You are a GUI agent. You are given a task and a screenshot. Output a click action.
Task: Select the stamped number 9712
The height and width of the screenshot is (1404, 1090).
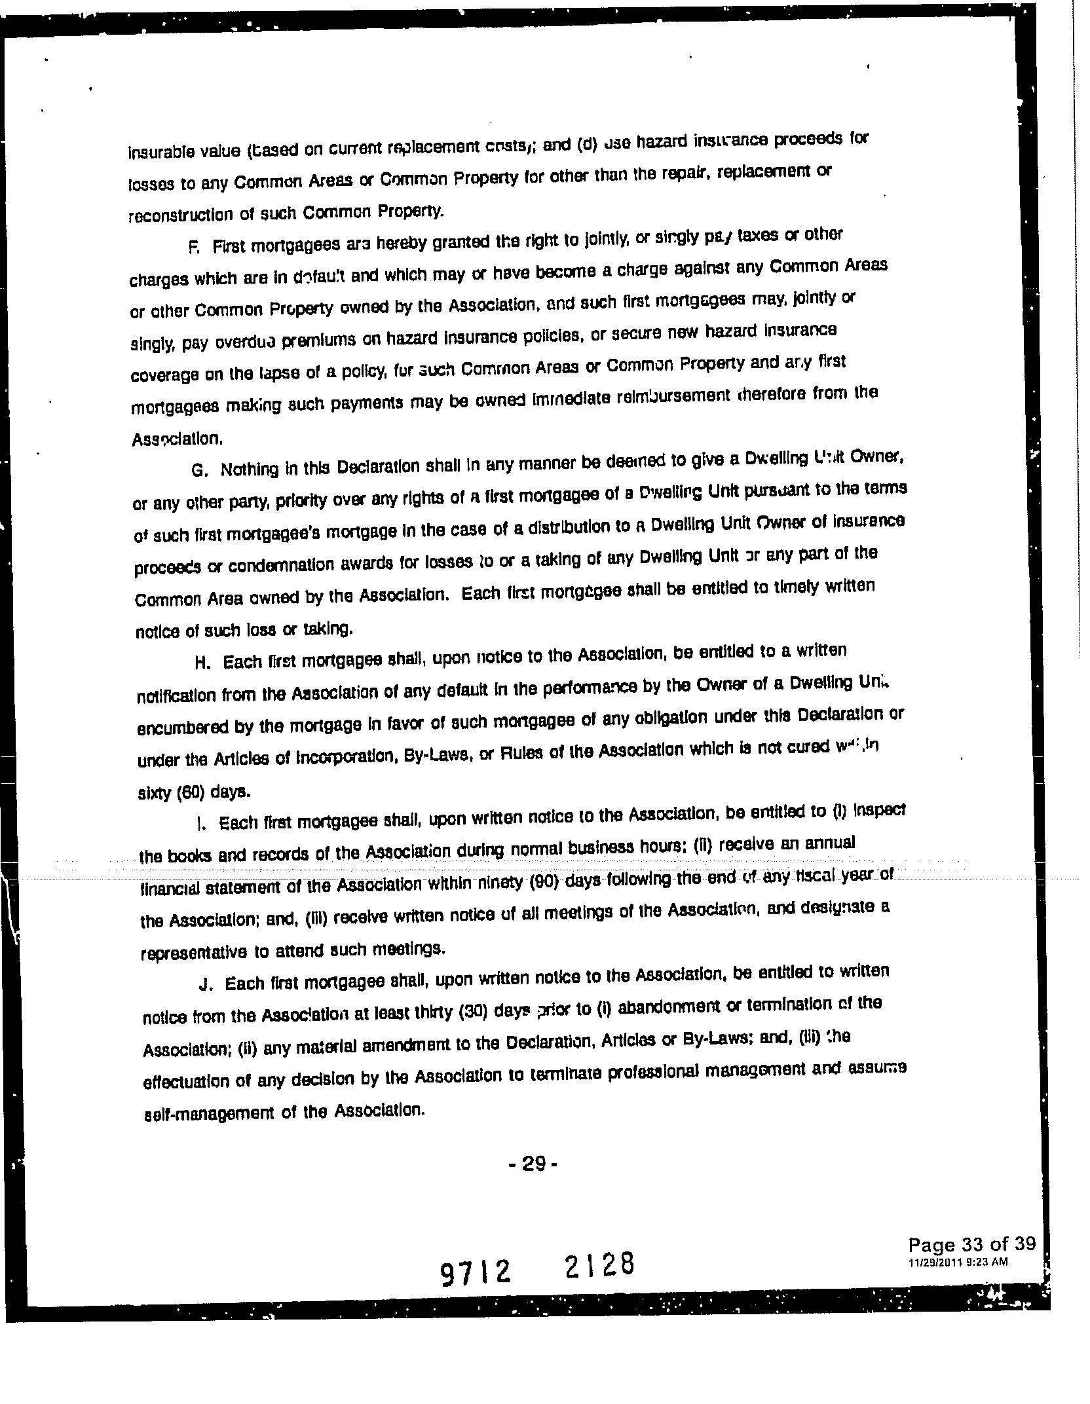475,1272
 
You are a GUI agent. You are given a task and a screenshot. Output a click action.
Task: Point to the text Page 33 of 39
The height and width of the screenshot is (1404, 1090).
971,1244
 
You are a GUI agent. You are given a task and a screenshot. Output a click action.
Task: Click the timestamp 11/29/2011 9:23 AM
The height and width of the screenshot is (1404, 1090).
957,1262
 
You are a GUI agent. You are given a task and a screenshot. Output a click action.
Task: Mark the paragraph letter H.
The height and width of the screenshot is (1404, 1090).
202,662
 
